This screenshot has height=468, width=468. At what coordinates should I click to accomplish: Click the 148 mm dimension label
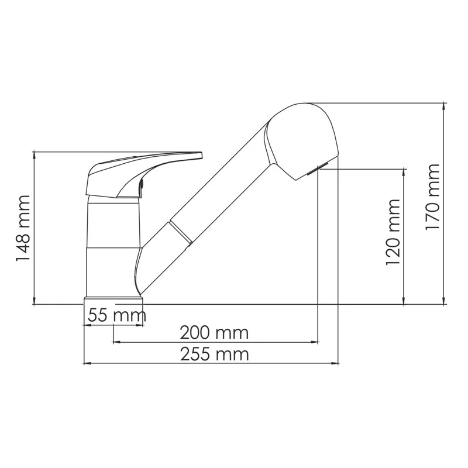(x=24, y=229)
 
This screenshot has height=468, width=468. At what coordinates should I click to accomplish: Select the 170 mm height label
(x=433, y=197)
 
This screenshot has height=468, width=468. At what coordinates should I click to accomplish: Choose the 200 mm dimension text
(x=214, y=333)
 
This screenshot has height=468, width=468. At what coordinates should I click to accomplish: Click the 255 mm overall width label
(x=214, y=354)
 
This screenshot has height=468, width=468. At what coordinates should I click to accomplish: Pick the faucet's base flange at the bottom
(x=114, y=301)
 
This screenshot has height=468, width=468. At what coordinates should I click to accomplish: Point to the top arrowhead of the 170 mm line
(x=445, y=106)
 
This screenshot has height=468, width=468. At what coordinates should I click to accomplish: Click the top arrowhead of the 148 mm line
(x=35, y=155)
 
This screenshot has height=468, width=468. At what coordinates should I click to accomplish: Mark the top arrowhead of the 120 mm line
(x=404, y=173)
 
